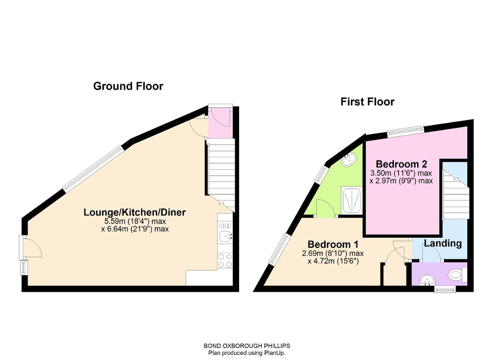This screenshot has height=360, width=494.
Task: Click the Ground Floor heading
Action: pyautogui.click(x=128, y=86)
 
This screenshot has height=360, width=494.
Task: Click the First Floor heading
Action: pyautogui.click(x=367, y=102)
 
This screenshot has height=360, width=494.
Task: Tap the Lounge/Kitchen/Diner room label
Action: pyautogui.click(x=135, y=212)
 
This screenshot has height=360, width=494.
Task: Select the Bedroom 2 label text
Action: pyautogui.click(x=401, y=163)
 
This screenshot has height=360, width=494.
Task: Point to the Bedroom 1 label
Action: pyautogui.click(x=332, y=245)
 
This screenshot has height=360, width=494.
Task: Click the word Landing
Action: pyautogui.click(x=442, y=244)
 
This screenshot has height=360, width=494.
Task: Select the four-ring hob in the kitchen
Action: pyautogui.click(x=225, y=260)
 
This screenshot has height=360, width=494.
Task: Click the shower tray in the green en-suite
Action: pyautogui.click(x=351, y=200)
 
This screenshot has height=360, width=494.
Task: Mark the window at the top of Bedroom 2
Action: pyautogui.click(x=406, y=131)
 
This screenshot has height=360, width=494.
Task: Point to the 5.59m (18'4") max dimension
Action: pyautogui.click(x=135, y=221)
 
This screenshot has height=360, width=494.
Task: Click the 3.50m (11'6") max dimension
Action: pyautogui.click(x=401, y=173)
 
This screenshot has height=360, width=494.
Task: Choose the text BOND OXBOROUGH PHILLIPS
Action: pyautogui.click(x=246, y=346)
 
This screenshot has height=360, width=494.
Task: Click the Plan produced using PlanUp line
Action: pyautogui.click(x=246, y=353)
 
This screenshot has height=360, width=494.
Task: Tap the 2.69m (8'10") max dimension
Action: pyautogui.click(x=332, y=254)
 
